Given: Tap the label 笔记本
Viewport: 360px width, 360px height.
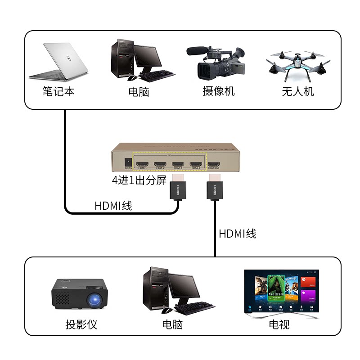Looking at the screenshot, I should (x=58, y=91).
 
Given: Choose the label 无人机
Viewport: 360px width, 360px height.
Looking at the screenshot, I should (x=297, y=91).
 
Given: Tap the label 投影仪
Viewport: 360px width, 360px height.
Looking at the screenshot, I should (x=81, y=324).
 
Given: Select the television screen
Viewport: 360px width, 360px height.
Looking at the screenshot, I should (x=279, y=292).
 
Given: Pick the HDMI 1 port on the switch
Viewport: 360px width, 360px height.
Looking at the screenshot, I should (x=143, y=163).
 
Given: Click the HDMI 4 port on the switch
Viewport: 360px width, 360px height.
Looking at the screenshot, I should (x=196, y=163).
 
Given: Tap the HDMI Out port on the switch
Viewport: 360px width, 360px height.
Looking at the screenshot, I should (x=214, y=163).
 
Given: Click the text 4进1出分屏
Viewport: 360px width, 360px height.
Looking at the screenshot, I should (x=139, y=181).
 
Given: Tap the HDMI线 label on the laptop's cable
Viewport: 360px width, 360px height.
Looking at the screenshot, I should (x=113, y=206).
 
